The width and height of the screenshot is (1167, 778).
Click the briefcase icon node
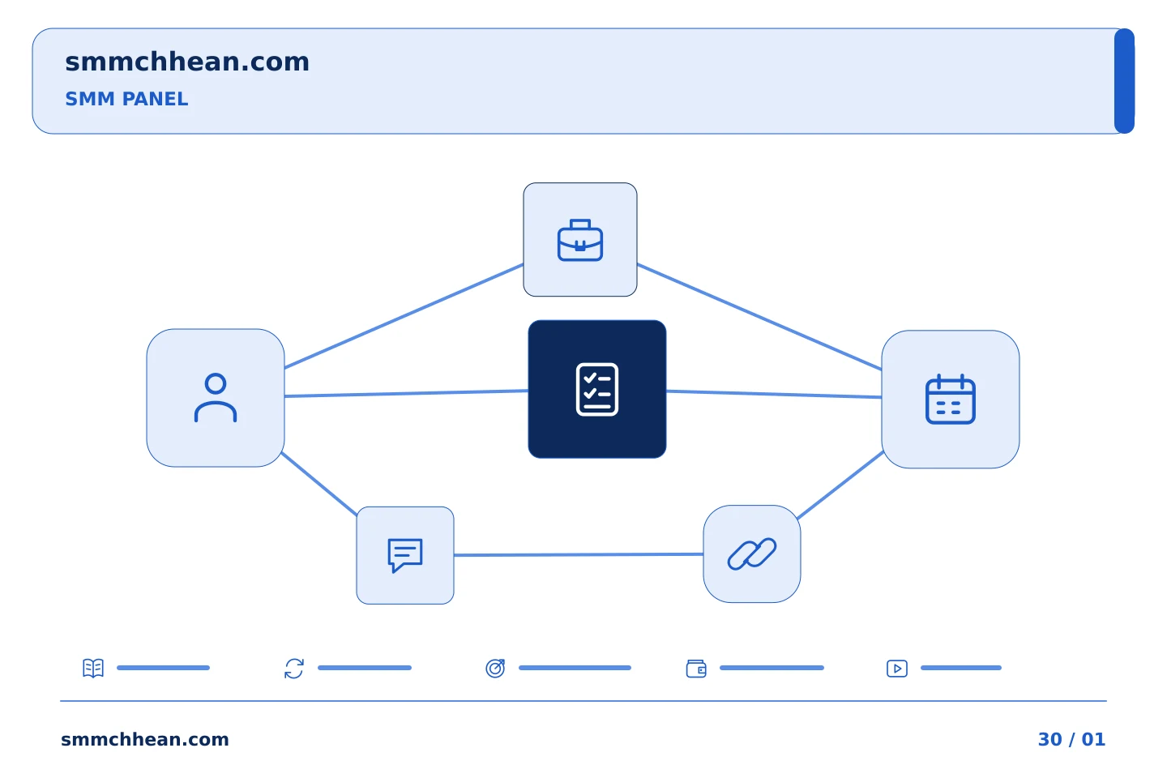(x=580, y=239)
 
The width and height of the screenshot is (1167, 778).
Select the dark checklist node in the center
(x=597, y=389)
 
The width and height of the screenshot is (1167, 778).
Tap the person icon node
(x=216, y=398)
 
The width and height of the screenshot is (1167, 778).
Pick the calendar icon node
(x=951, y=400)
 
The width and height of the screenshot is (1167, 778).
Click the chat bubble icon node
(x=405, y=555)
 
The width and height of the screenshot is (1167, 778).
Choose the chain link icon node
(x=752, y=554)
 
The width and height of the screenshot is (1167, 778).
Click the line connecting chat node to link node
(x=579, y=554)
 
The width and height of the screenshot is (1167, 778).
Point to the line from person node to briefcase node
(x=404, y=316)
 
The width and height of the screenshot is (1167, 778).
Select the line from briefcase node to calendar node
(x=759, y=317)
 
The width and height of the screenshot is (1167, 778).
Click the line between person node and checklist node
(x=406, y=393)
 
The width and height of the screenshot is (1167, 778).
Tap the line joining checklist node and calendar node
(x=774, y=394)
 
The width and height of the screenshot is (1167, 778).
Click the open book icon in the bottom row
(x=93, y=668)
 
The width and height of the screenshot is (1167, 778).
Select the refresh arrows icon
(x=294, y=668)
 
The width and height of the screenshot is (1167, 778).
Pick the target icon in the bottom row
(x=495, y=668)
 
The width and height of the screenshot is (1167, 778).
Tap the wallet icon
(x=696, y=669)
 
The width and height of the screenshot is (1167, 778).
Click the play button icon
(x=896, y=669)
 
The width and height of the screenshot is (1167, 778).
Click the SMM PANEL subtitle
(x=126, y=99)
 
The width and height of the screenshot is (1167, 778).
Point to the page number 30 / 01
(x=1071, y=739)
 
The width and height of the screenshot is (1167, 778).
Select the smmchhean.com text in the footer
(x=145, y=739)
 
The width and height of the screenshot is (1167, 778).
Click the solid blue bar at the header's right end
(x=1124, y=81)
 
